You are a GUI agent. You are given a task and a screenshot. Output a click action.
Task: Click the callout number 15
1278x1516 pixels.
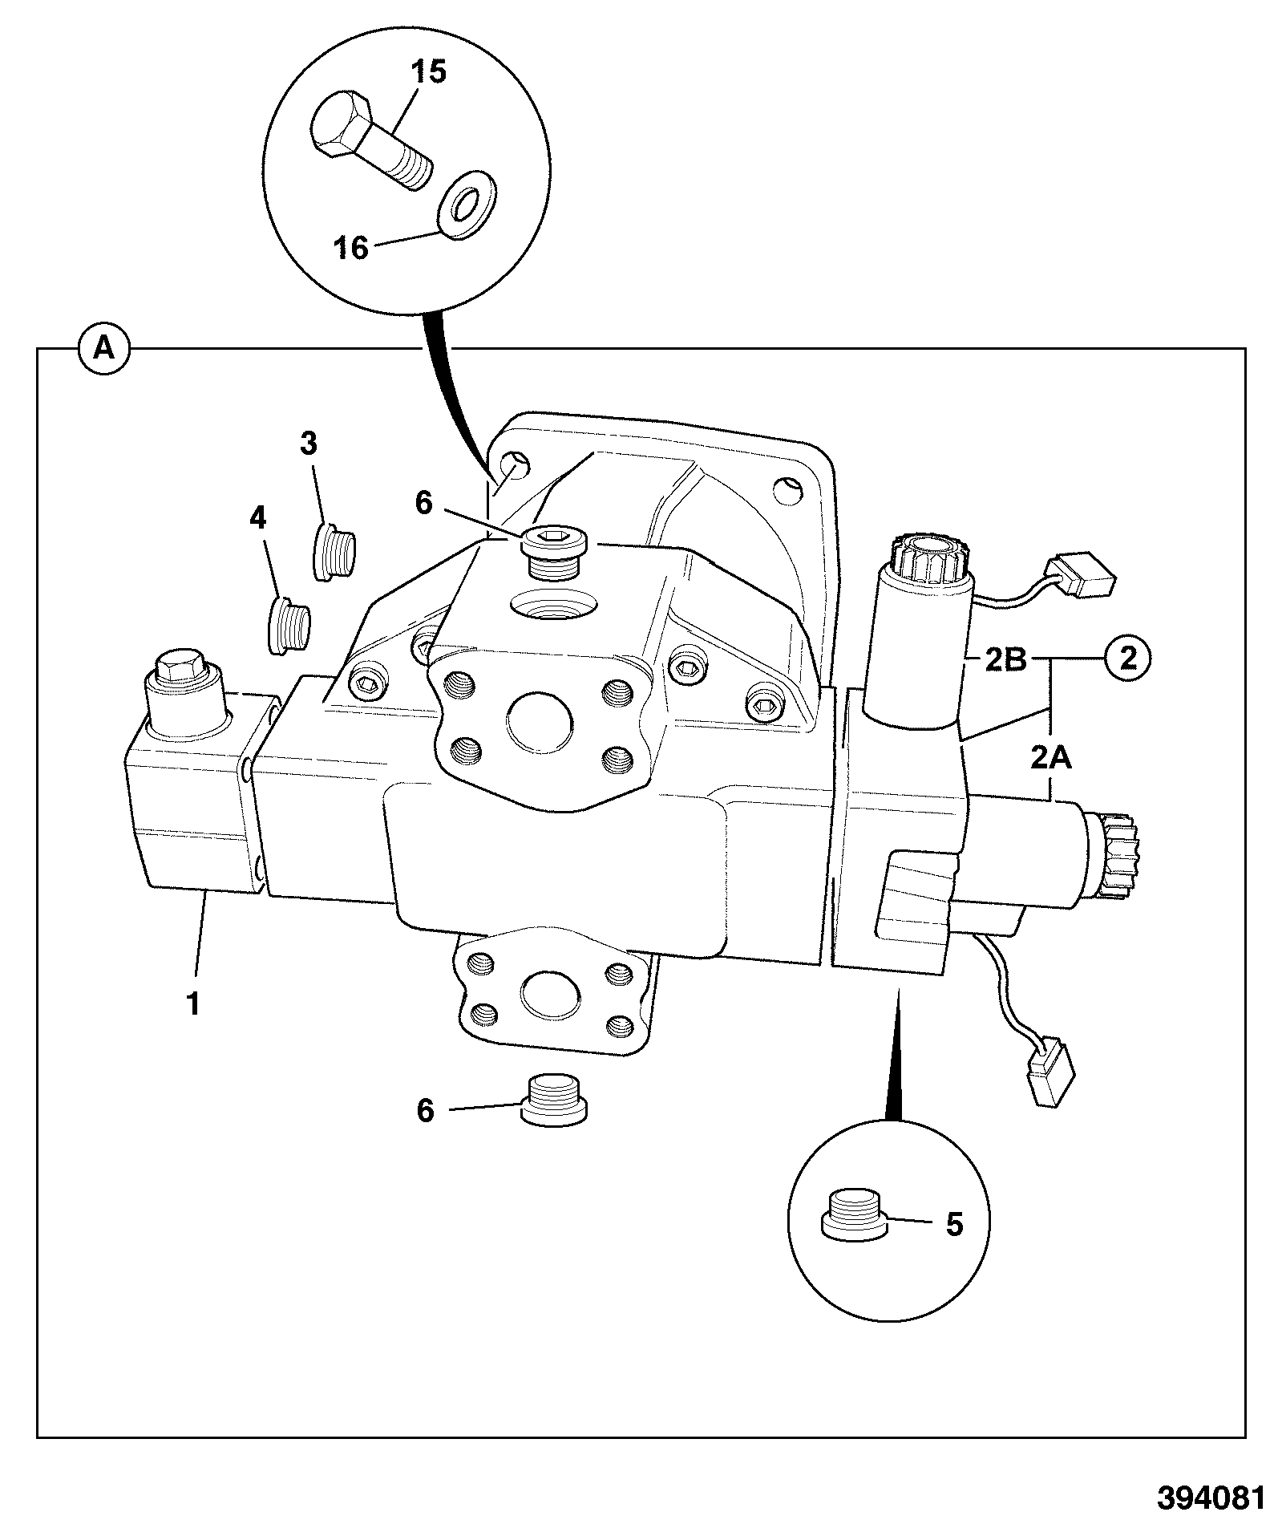point(429,72)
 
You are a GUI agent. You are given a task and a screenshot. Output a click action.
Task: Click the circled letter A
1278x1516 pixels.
point(103,348)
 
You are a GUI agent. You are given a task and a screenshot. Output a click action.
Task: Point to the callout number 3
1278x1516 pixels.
point(309,442)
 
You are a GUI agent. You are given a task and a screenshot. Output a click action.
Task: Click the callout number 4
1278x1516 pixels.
point(257,519)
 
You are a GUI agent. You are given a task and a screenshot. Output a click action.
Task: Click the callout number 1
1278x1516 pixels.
point(193,1003)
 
